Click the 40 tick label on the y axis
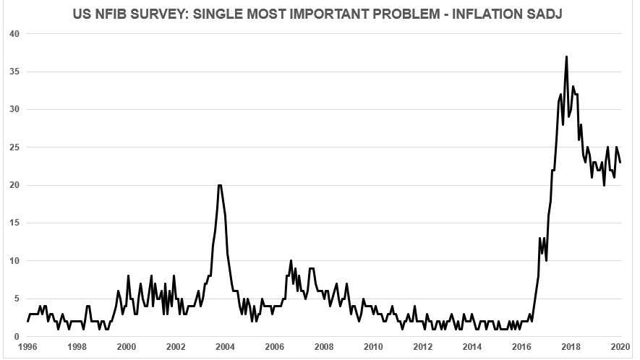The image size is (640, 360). click(12, 34)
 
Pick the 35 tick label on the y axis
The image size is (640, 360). click(12, 72)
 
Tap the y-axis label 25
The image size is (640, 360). click(12, 147)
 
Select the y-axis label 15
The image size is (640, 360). click(12, 223)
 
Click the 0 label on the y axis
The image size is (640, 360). click(15, 337)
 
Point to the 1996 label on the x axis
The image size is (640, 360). click(27, 347)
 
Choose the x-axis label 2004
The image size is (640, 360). click(225, 347)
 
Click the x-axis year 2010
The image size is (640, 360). click(373, 347)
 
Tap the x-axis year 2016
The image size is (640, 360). click(521, 347)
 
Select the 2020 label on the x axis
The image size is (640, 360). click(620, 347)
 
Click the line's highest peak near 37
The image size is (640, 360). click(566, 56)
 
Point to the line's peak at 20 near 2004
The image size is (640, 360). click(220, 185)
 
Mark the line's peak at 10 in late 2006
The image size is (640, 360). click(291, 260)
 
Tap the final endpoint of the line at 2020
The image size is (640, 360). click(620, 162)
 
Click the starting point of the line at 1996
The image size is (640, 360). click(27, 321)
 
